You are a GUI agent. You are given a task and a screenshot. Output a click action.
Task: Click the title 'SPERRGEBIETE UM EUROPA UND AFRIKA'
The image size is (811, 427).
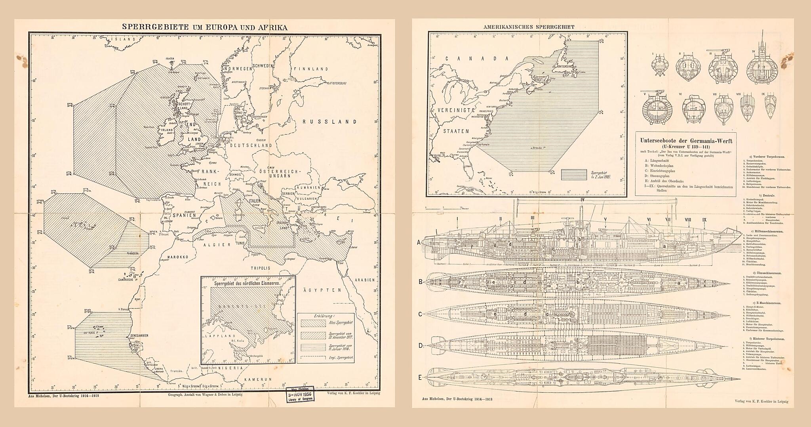(x=204, y=27)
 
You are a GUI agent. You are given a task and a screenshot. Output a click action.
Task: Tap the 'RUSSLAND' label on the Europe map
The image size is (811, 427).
(x=329, y=122)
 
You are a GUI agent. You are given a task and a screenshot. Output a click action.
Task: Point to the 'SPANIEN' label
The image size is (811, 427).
(x=185, y=215)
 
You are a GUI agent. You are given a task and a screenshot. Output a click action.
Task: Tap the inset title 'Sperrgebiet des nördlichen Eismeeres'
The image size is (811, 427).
(x=247, y=284)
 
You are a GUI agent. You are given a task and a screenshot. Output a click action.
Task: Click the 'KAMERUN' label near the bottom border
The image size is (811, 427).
(x=258, y=379)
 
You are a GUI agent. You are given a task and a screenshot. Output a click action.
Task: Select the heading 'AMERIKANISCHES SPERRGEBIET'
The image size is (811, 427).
(x=529, y=27)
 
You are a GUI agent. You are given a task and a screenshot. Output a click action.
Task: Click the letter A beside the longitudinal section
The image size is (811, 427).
(x=419, y=242)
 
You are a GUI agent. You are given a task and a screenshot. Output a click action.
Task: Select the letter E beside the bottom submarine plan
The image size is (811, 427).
(x=420, y=377)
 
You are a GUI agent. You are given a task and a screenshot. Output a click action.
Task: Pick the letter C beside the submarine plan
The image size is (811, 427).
(x=420, y=315)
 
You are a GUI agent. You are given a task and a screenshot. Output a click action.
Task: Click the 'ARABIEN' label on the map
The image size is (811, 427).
(x=365, y=280)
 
